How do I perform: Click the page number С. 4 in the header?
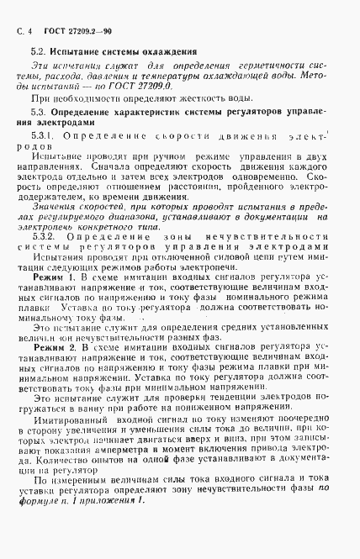[x=24, y=20]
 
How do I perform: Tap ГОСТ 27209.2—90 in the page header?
[x=74, y=20]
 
